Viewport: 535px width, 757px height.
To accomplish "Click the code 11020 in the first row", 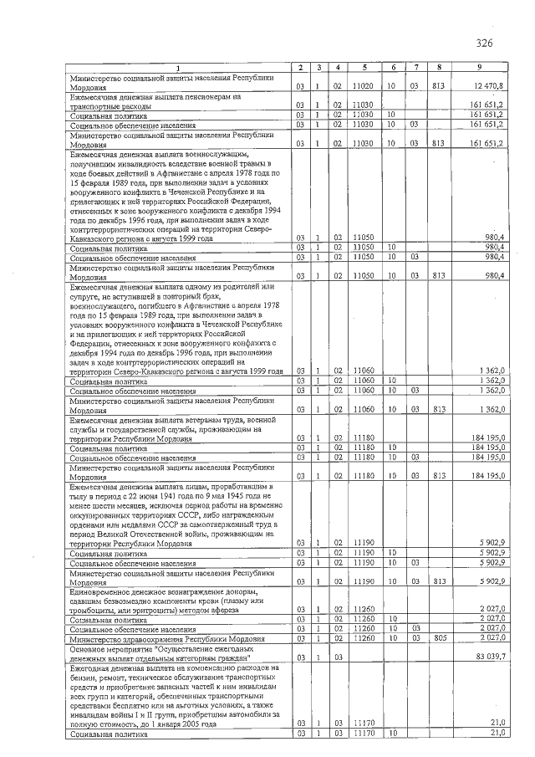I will coord(362,85).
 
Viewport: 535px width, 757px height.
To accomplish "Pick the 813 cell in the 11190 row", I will coord(438,581).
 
